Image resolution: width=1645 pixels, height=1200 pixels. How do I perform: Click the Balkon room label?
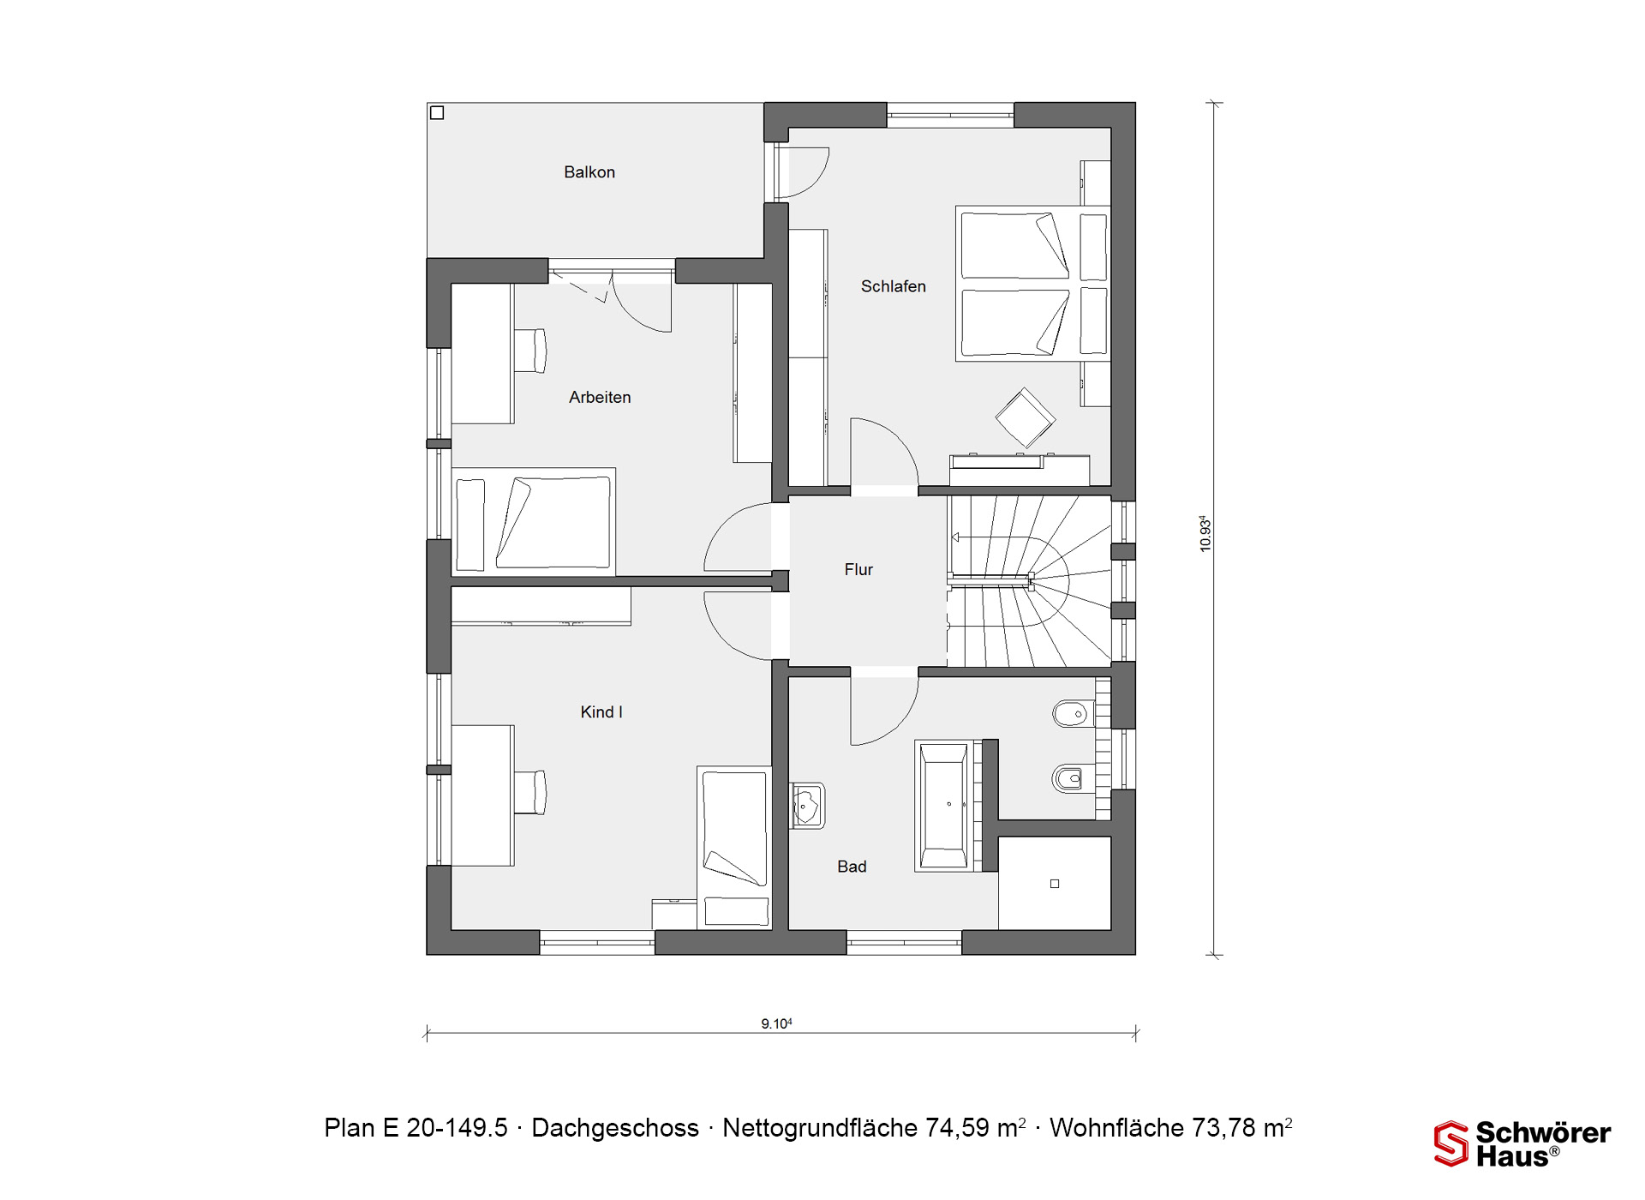pos(589,172)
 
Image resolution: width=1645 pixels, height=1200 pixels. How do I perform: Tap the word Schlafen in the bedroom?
pos(893,286)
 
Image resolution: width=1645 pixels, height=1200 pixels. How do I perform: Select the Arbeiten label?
pos(600,397)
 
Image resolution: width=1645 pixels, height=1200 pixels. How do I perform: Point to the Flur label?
pos(858,569)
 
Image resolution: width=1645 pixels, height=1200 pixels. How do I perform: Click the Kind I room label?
pos(601,711)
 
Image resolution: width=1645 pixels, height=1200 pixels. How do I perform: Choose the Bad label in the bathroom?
pos(852,867)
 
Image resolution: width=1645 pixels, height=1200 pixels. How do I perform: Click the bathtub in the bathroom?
pos(943,806)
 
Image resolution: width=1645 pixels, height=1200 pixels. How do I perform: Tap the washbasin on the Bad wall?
pos(807,806)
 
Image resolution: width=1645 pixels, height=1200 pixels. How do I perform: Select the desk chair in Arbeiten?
pos(530,351)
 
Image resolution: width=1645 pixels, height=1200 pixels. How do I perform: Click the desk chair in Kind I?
pos(530,792)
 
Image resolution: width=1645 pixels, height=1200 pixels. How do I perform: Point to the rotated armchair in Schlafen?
pos(1025,418)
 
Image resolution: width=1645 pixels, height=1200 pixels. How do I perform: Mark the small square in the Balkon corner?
pos(437,112)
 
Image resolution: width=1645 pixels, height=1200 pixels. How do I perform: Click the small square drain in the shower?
pos(1055,884)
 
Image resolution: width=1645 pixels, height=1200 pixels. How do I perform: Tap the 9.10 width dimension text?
pos(776,1023)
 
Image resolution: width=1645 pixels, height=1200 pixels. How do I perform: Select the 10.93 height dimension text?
pos(1205,533)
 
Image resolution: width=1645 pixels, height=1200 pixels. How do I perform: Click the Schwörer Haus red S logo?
pos(1451,1143)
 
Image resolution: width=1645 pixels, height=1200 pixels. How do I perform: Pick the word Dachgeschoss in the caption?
pos(615,1128)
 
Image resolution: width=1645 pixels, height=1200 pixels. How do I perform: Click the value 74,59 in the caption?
pos(958,1128)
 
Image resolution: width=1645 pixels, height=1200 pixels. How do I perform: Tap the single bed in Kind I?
pos(734,848)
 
